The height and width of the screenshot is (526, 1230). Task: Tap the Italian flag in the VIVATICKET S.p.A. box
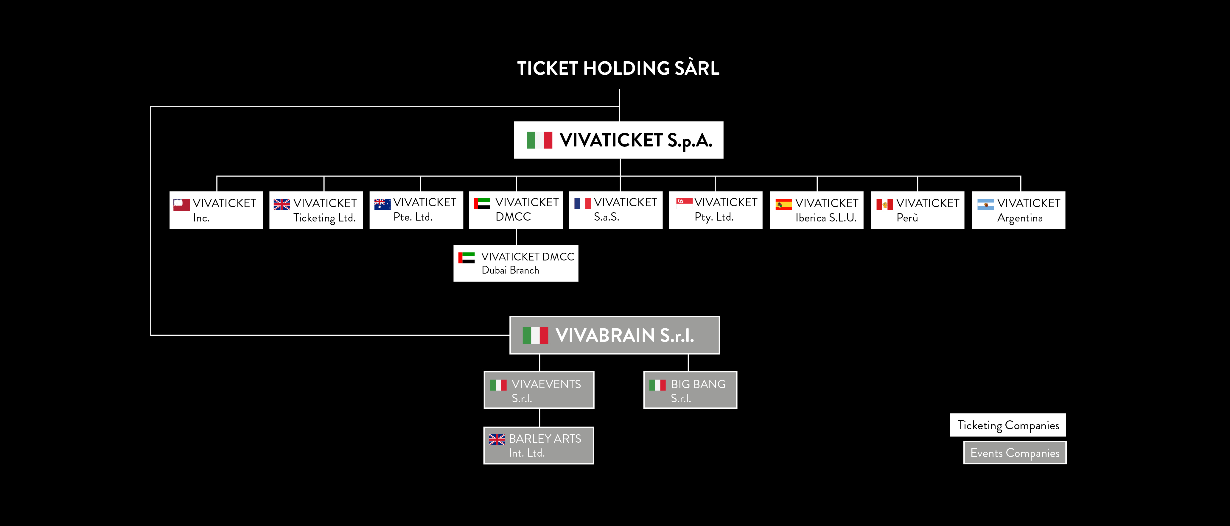pyautogui.click(x=539, y=140)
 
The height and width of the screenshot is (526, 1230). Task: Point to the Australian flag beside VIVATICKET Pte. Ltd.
pyautogui.click(x=382, y=204)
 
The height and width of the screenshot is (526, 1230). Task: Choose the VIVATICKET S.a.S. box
pyautogui.click(x=615, y=210)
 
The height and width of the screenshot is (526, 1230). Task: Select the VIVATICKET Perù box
pyautogui.click(x=917, y=210)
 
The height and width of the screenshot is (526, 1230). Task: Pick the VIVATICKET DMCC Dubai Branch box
pyautogui.click(x=516, y=263)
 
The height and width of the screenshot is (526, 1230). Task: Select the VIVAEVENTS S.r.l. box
pyautogui.click(x=539, y=390)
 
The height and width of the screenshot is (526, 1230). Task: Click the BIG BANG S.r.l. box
pyautogui.click(x=690, y=390)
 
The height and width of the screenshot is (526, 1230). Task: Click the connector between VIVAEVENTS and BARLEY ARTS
pyautogui.click(x=539, y=418)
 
